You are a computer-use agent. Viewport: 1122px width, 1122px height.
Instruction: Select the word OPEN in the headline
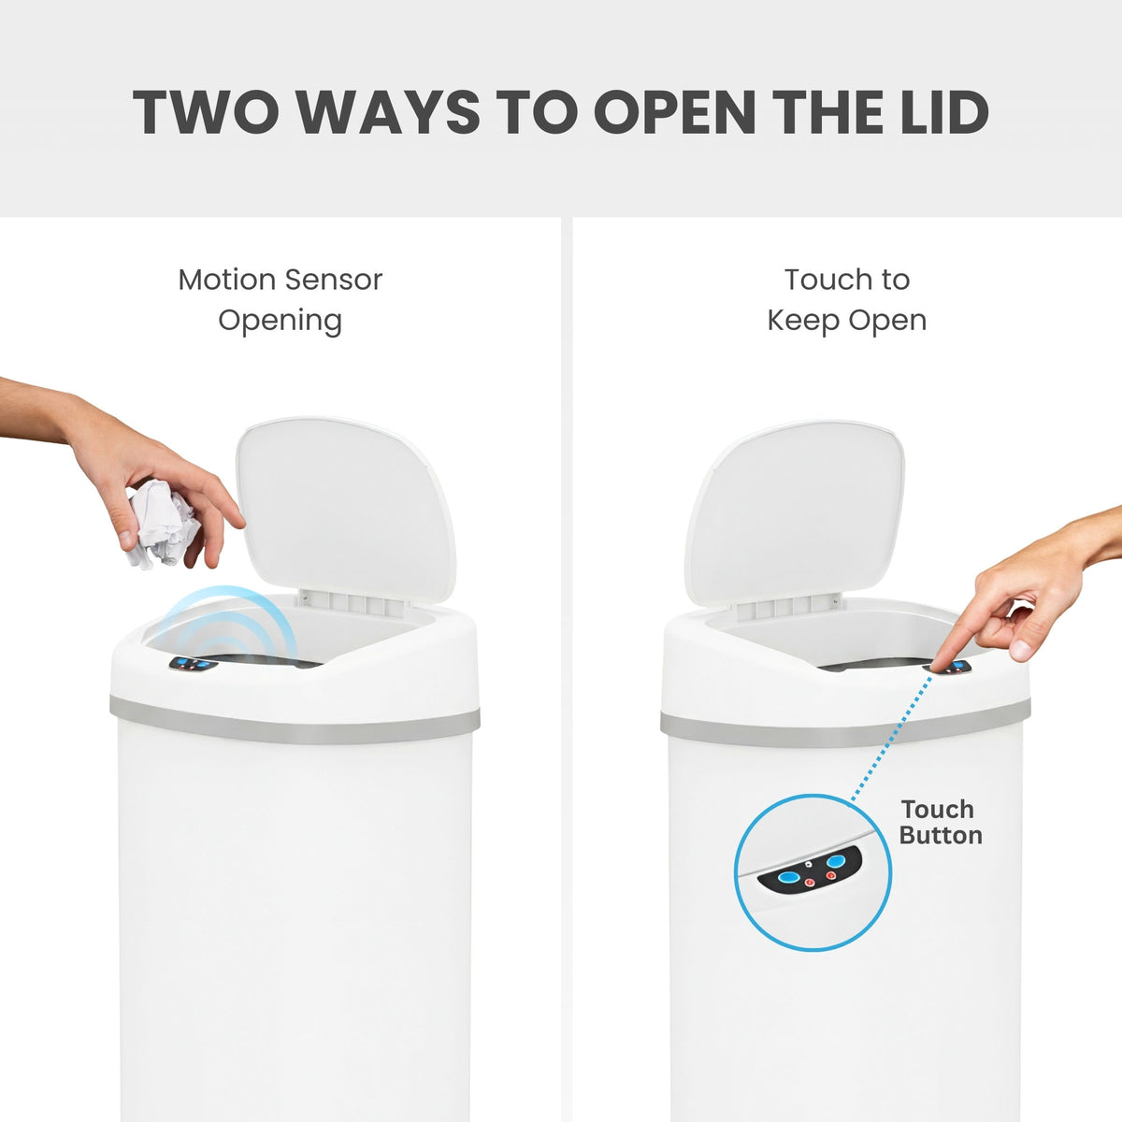(x=674, y=112)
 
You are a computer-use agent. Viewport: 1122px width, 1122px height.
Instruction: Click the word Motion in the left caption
(x=227, y=280)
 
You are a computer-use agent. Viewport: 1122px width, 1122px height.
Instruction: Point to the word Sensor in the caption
(x=333, y=280)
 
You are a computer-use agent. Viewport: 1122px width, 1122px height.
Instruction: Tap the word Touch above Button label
(x=937, y=809)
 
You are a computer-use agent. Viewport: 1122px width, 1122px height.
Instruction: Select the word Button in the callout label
(x=941, y=835)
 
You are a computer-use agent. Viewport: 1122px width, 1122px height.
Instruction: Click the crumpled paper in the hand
(x=164, y=524)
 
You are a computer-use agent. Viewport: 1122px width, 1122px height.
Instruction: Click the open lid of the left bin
(x=346, y=510)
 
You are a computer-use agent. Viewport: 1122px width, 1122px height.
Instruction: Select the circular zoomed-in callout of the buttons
(x=812, y=872)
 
